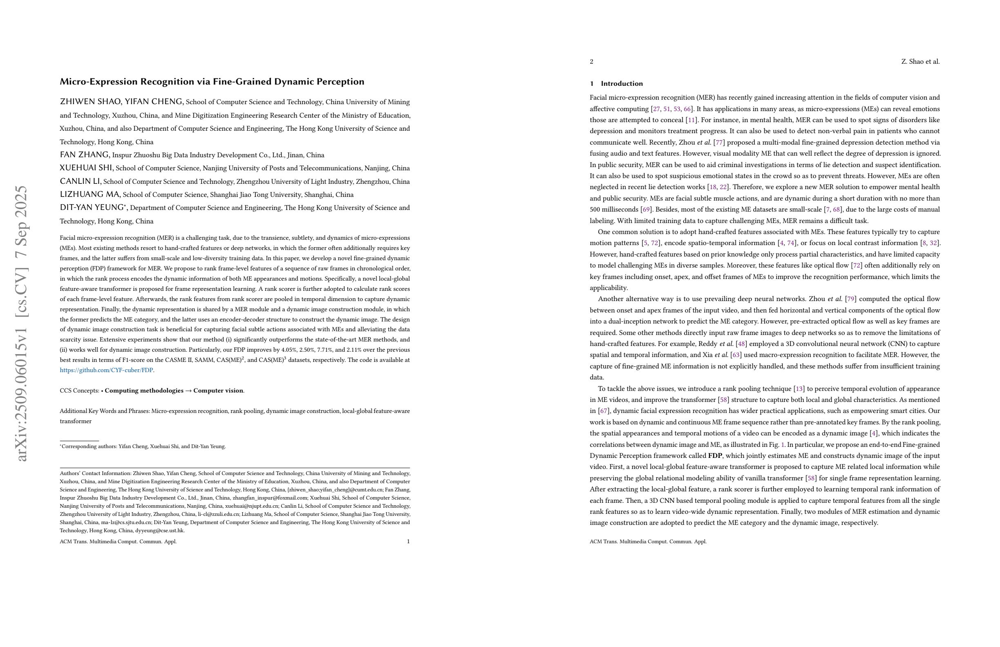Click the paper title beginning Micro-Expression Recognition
pos(212,82)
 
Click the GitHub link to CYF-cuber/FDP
pos(106,370)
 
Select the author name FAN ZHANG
pos(85,155)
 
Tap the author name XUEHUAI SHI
pos(86,168)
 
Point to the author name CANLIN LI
pos(80,181)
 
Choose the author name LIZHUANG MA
pos(90,194)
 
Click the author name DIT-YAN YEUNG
pos(92,207)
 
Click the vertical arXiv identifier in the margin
pos(21,323)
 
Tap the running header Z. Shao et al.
pos(920,62)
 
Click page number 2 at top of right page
pos(592,62)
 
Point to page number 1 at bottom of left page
pos(408,542)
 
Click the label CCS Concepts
pos(79,391)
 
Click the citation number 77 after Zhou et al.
pos(719,143)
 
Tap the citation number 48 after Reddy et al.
pos(741,344)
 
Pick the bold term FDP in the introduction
pos(715,456)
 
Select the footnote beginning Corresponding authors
pos(143,446)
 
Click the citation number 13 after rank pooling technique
pos(799,388)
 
